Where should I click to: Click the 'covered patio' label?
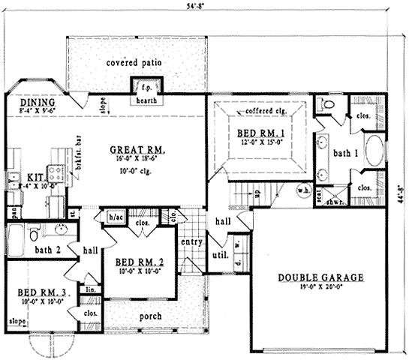click(x=135, y=62)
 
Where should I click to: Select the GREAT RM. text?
click(x=137, y=149)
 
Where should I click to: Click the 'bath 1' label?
click(x=346, y=153)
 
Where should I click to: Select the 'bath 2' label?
click(x=48, y=249)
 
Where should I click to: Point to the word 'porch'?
click(x=151, y=316)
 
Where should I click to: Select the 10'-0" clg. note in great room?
click(x=137, y=171)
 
